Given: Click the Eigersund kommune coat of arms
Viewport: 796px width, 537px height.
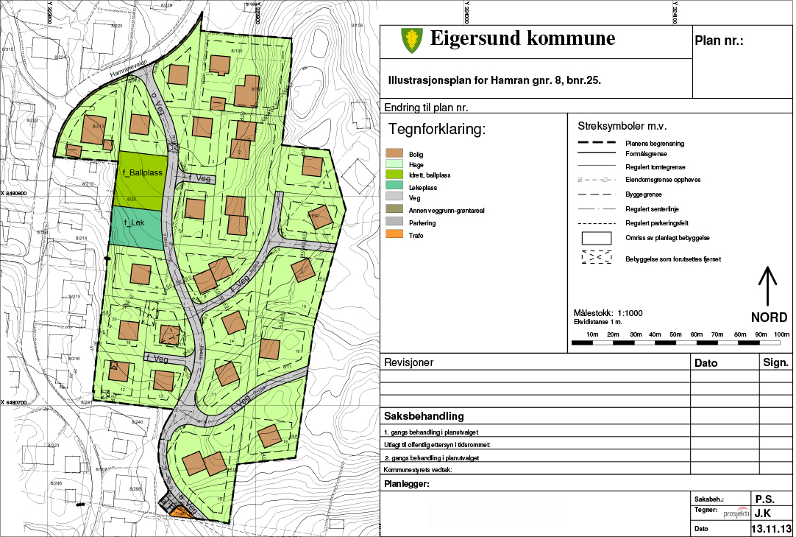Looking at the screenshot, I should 411,40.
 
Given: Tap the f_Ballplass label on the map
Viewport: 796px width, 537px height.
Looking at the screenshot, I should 138,172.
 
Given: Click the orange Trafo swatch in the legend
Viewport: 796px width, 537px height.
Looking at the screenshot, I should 394,235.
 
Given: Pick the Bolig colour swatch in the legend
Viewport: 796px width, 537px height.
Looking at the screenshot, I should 394,153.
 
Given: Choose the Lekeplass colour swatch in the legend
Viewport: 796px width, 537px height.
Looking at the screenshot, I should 394,187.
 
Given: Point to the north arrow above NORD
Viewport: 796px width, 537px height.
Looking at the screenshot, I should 767,287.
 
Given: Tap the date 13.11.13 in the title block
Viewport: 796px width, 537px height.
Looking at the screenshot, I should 770,529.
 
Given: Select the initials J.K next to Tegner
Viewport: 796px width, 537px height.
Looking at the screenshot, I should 763,513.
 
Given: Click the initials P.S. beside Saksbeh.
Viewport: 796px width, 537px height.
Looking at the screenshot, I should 764,498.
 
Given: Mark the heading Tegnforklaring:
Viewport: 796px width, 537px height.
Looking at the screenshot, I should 437,130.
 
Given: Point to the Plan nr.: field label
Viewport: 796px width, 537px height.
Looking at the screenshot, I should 719,41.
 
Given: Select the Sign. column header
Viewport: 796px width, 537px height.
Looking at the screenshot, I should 775,362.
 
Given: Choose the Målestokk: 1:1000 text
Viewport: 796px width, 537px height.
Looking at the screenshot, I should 608,312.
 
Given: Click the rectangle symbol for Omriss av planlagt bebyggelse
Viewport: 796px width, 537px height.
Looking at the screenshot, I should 597,239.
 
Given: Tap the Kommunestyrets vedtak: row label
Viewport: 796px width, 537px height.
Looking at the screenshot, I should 417,469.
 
